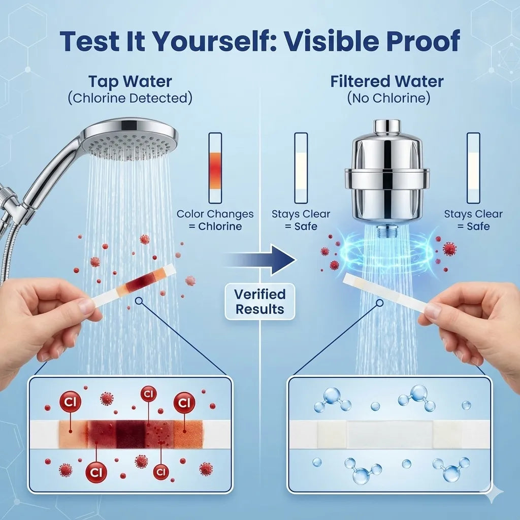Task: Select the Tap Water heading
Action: (130, 82)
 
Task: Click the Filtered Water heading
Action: (387, 81)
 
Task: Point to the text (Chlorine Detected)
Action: (130, 98)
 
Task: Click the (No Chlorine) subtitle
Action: (388, 98)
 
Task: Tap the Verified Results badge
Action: (260, 302)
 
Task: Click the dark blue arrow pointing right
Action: (261, 259)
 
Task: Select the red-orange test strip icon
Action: (215, 168)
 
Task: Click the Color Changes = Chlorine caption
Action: (215, 220)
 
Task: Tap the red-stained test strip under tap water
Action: (133, 285)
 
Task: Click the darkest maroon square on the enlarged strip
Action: (130, 435)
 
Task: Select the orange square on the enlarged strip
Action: (188, 435)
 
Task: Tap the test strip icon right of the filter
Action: (473, 168)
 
